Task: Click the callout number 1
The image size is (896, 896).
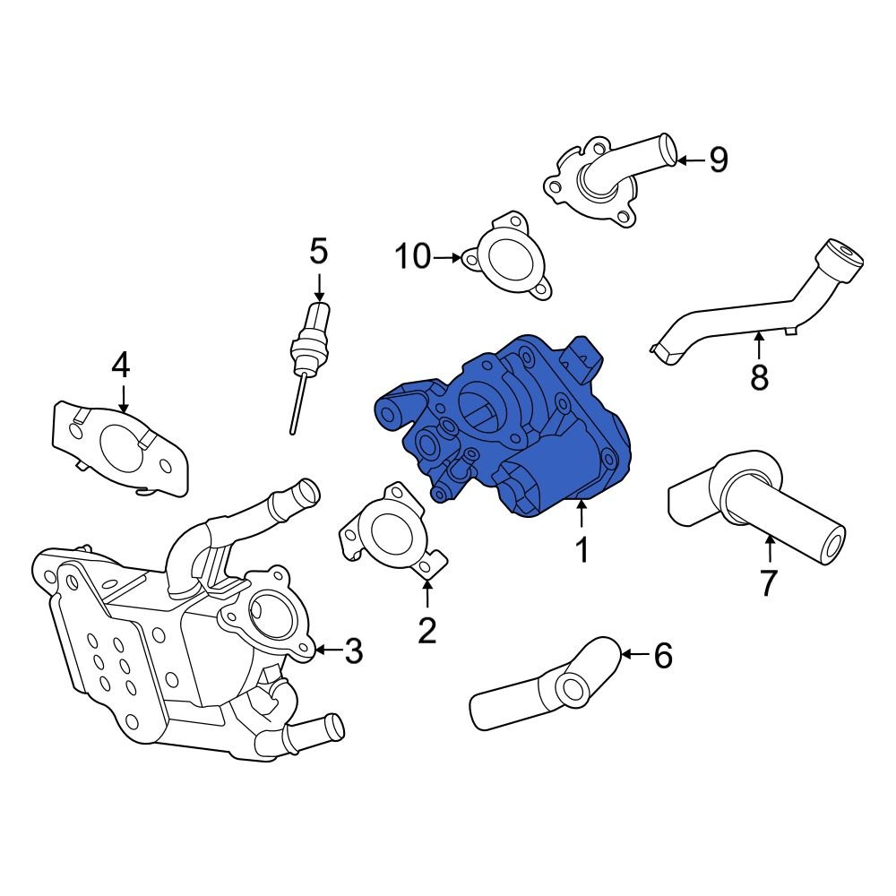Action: tap(582, 549)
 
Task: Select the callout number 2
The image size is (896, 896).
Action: tap(427, 630)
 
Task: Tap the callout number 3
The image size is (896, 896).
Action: tap(354, 651)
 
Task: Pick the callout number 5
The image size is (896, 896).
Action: tap(319, 252)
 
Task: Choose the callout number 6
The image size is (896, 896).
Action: tap(662, 656)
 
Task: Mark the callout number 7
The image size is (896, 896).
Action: tap(768, 582)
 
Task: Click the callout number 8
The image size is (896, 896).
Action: tap(759, 377)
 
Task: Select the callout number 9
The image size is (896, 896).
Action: tap(718, 160)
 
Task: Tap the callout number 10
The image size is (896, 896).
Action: tap(414, 257)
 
